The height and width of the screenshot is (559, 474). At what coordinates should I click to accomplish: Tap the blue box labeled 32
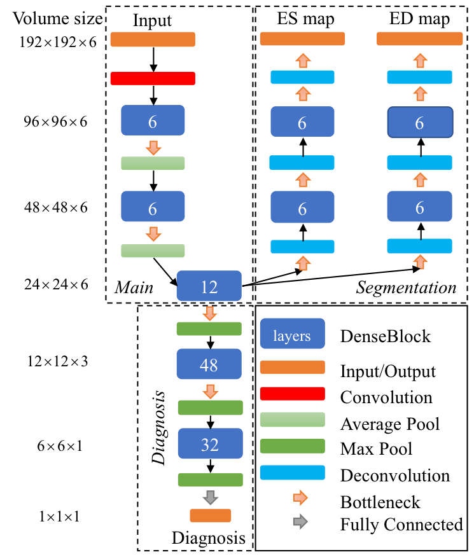[210, 443]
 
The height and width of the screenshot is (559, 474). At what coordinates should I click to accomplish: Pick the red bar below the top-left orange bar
[153, 78]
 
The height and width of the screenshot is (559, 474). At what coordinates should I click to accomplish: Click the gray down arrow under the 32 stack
[211, 497]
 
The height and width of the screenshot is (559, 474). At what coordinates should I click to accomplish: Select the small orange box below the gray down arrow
[211, 516]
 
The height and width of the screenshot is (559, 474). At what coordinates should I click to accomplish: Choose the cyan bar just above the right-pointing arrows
[292, 473]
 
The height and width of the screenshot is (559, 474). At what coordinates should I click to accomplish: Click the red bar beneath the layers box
[292, 394]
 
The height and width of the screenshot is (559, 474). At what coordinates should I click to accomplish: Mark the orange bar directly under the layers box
[292, 368]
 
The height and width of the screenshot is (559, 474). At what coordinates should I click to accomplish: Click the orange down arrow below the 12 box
[209, 314]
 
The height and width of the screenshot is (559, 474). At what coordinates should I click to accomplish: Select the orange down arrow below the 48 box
[211, 392]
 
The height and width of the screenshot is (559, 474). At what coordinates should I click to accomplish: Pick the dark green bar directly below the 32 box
[210, 480]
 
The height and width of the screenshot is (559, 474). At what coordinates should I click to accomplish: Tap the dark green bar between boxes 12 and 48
[209, 329]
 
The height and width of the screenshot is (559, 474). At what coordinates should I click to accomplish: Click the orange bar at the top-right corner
[419, 39]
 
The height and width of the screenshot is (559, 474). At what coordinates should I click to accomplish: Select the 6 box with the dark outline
[420, 122]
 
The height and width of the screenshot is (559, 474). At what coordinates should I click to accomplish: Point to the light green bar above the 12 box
[153, 251]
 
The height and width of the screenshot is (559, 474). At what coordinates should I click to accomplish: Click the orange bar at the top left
[153, 39]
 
